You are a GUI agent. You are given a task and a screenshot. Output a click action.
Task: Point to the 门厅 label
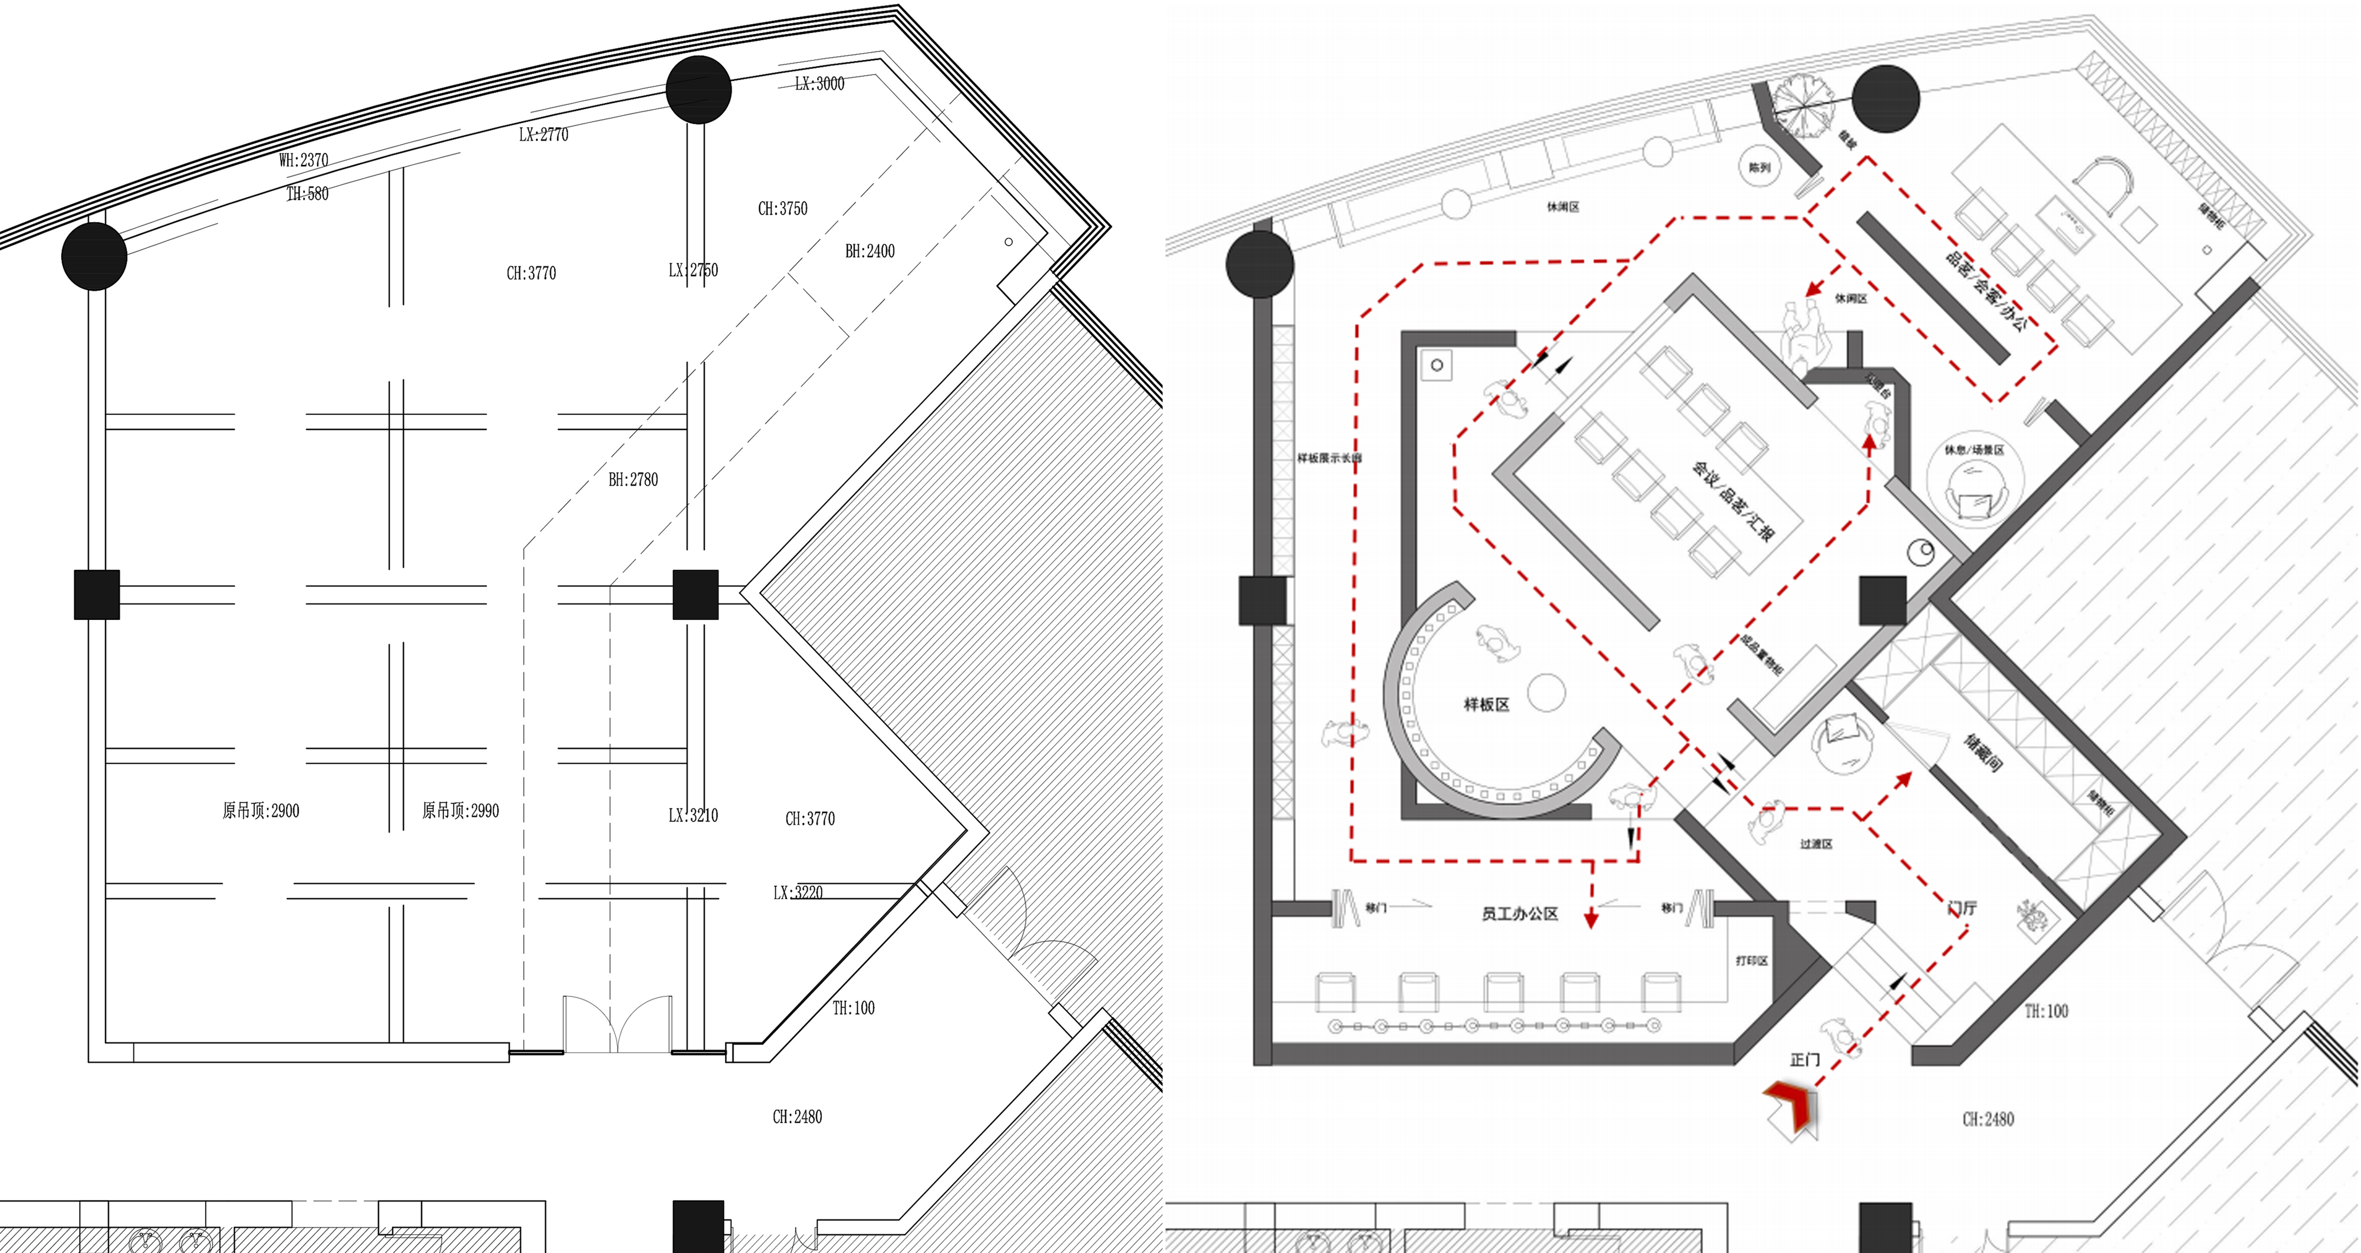coord(1961,907)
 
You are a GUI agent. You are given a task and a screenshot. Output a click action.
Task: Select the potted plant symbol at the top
coord(1802,106)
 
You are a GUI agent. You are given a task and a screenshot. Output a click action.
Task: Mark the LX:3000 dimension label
coord(819,83)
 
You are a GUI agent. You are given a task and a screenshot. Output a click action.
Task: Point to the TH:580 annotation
coord(307,193)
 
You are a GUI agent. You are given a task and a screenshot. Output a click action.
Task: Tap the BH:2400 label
coord(869,250)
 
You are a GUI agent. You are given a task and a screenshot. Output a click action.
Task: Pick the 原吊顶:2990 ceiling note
coord(460,811)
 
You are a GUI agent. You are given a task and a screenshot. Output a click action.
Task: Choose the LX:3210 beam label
coord(693,815)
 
